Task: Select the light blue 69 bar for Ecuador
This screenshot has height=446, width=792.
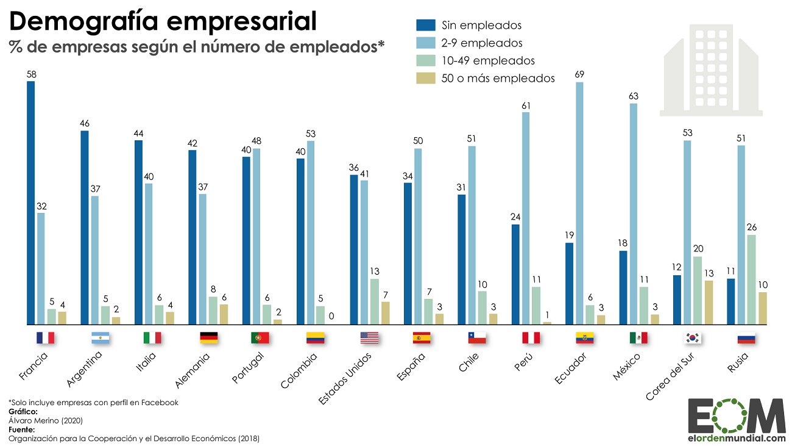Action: tap(579, 203)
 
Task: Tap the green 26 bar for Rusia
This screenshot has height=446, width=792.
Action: tap(752, 279)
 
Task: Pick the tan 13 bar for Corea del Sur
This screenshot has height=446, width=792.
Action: tap(709, 302)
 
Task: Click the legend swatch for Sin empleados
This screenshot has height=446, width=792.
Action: tap(425, 25)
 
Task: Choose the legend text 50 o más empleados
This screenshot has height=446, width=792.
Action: tap(498, 78)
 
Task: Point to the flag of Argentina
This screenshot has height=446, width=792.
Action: tap(99, 337)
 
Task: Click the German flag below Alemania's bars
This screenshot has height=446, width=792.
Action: tap(208, 337)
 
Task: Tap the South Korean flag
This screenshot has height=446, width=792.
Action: tap(692, 337)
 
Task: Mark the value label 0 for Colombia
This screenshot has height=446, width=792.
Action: tap(331, 316)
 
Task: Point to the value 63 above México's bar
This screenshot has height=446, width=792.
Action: tap(634, 96)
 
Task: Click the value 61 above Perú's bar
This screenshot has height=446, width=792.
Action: tap(526, 106)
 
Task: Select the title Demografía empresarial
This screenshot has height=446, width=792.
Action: tap(163, 21)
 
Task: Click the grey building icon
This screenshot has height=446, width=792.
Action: tap(711, 70)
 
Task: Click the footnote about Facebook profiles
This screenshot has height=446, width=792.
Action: tap(93, 402)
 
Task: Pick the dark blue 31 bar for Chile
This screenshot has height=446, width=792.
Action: tap(462, 259)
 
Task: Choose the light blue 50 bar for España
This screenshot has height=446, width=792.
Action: tap(418, 236)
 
